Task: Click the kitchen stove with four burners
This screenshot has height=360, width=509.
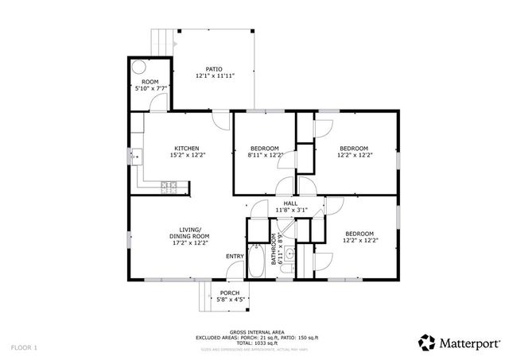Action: [169, 187]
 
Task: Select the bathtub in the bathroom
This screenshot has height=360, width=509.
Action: [258, 261]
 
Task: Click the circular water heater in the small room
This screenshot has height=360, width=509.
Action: [138, 68]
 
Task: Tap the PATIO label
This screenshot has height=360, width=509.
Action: [214, 69]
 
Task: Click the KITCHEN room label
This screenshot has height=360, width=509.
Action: [187, 149]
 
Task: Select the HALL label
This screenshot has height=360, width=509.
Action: [290, 203]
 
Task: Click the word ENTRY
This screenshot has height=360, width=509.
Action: [235, 256]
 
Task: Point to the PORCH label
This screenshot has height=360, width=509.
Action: [230, 293]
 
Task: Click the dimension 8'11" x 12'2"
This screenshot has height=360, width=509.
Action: [265, 156]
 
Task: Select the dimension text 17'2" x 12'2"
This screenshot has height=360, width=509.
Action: [188, 243]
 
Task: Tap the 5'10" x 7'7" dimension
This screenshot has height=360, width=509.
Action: [150, 88]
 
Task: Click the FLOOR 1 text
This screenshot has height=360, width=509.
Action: [24, 347]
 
